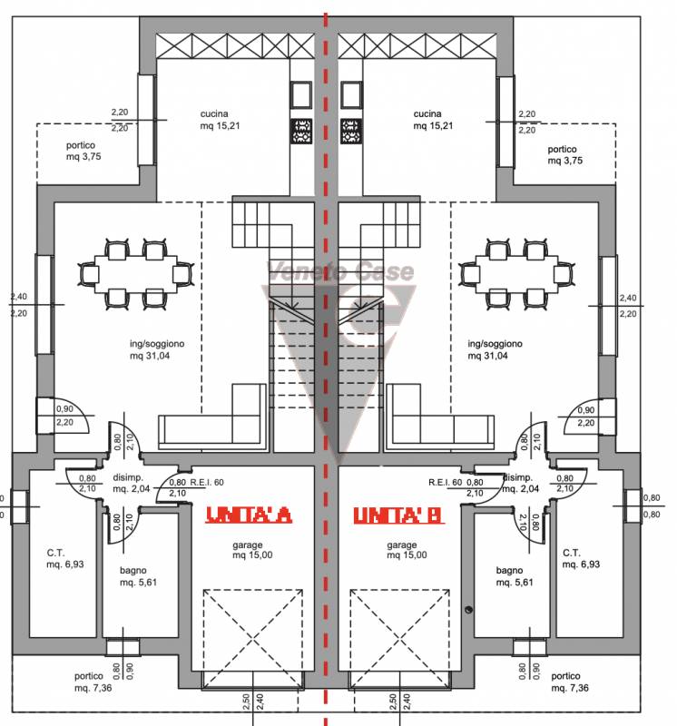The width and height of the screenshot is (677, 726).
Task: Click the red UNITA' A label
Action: pos(249,515)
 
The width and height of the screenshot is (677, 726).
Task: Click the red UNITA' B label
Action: pos(398,515)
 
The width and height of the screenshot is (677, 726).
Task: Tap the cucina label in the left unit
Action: pos(214,114)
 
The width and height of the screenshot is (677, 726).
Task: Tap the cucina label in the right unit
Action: pos(427,114)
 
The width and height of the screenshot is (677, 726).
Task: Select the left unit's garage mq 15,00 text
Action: pos(252,550)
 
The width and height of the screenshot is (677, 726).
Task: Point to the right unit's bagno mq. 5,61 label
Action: pos(515,576)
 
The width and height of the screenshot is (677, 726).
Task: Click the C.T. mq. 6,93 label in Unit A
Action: pos(65,558)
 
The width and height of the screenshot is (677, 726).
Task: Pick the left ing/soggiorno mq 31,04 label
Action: pos(157,349)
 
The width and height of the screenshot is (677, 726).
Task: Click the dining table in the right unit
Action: pos(516,274)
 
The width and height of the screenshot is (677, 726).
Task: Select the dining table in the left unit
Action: pos(136,274)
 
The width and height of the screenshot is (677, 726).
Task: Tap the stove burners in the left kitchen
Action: pos(301,131)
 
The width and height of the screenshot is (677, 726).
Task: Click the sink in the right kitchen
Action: pos(351,95)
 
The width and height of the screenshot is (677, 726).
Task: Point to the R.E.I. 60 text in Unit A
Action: pos(207,483)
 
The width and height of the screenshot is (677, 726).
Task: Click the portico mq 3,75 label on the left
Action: pos(83,151)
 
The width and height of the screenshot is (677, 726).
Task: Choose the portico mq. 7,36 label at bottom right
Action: pos(570,682)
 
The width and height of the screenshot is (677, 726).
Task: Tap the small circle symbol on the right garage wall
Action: pos(468,610)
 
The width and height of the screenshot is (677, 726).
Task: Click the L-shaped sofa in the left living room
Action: pos(212,417)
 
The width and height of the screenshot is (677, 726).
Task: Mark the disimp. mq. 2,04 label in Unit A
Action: pos(131,483)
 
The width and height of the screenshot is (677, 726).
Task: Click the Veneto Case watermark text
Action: pos(340,271)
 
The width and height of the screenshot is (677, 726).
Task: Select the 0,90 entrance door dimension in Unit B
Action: pos(586,410)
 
